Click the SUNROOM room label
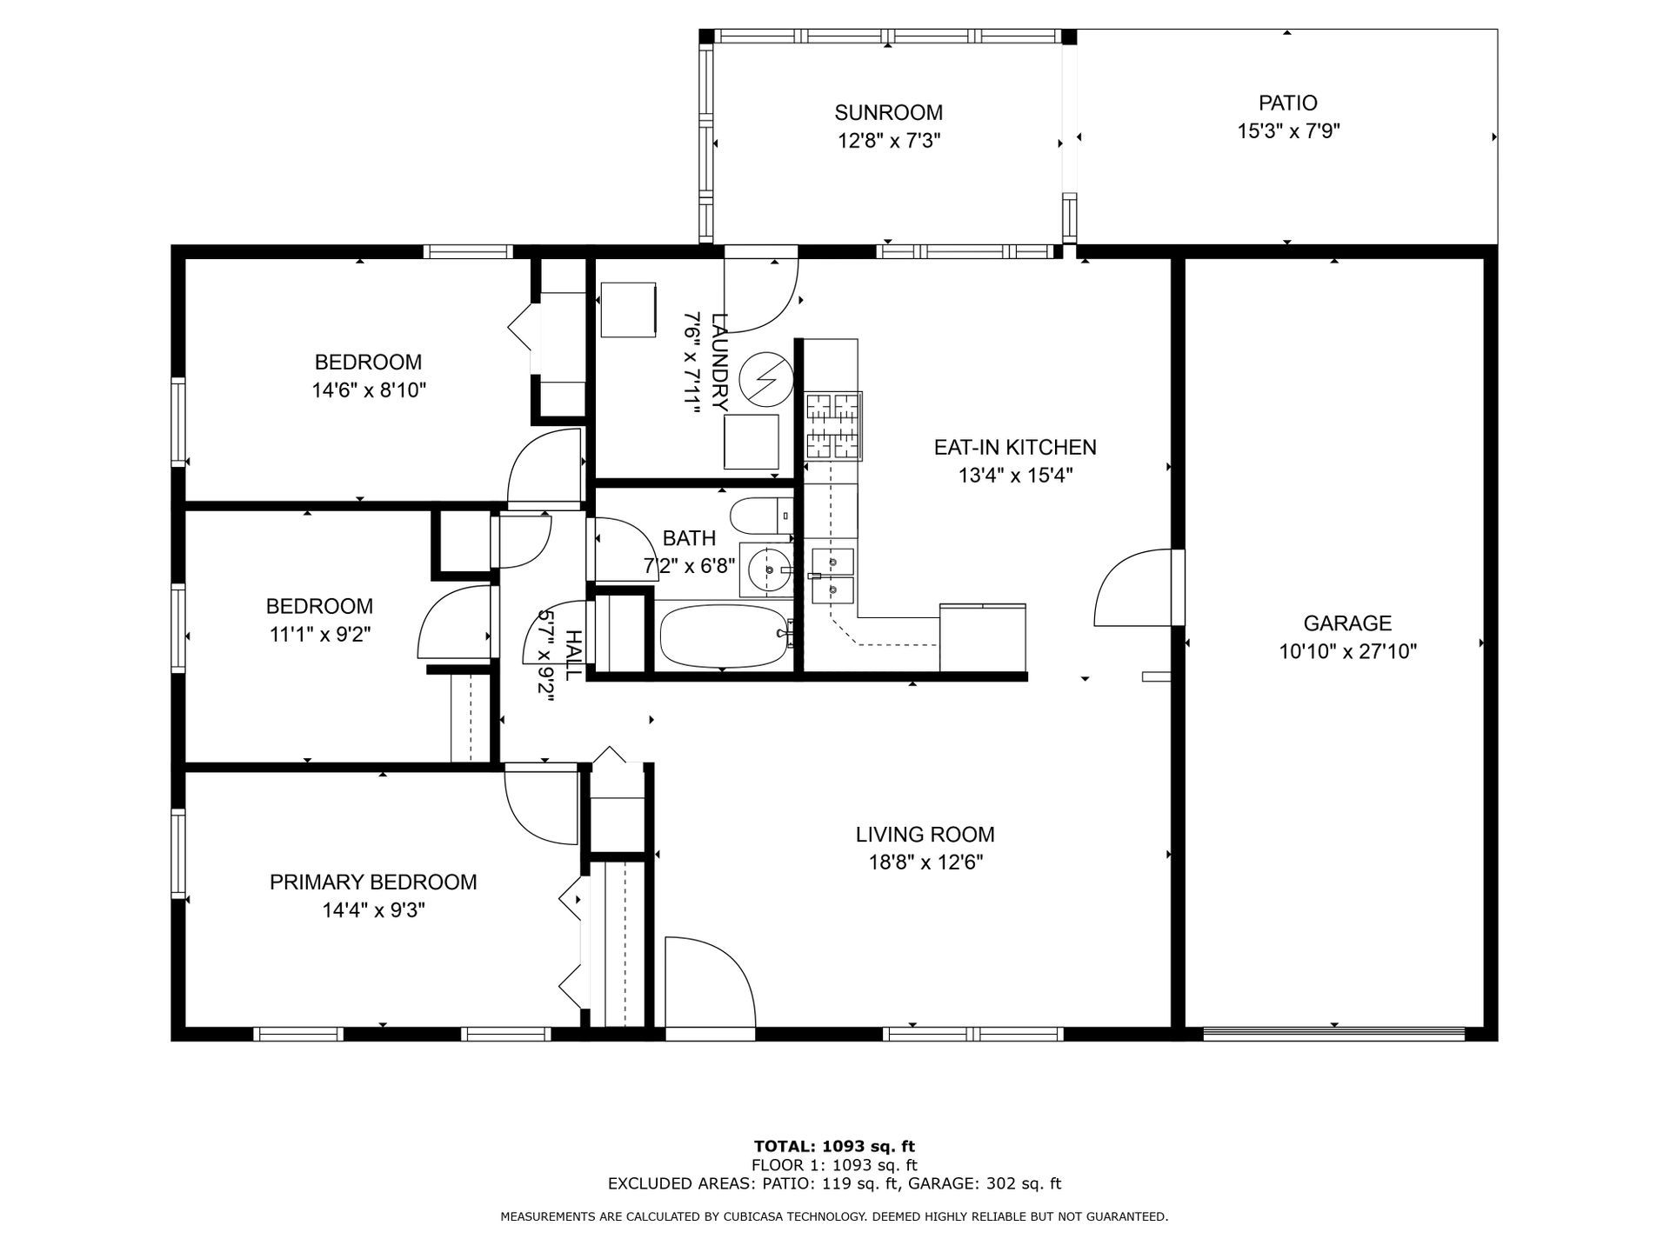click(888, 112)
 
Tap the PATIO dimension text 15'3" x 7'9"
click(1288, 131)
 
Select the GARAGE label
click(1347, 623)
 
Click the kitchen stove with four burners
click(833, 426)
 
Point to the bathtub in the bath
click(724, 636)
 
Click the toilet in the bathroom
click(762, 516)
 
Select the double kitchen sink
click(832, 576)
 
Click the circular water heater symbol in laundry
click(766, 379)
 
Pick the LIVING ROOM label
click(925, 835)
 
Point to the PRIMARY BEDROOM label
click(373, 882)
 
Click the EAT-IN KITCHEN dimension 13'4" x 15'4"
click(1015, 475)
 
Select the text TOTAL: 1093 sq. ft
click(834, 1146)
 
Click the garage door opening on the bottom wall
click(1334, 1034)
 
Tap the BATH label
click(690, 538)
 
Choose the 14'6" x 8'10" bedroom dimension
click(369, 390)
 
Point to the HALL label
click(573, 656)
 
